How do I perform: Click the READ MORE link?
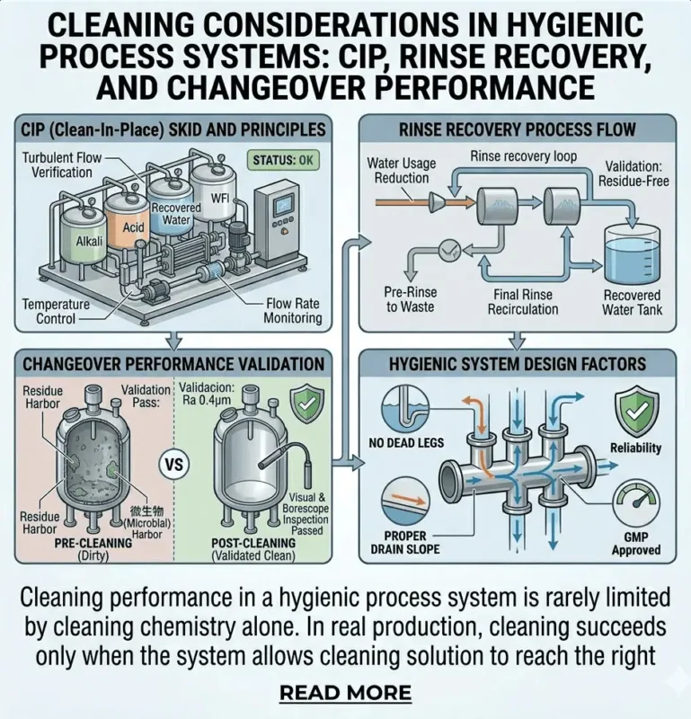click(x=345, y=693)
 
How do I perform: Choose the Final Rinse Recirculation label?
click(x=523, y=302)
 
